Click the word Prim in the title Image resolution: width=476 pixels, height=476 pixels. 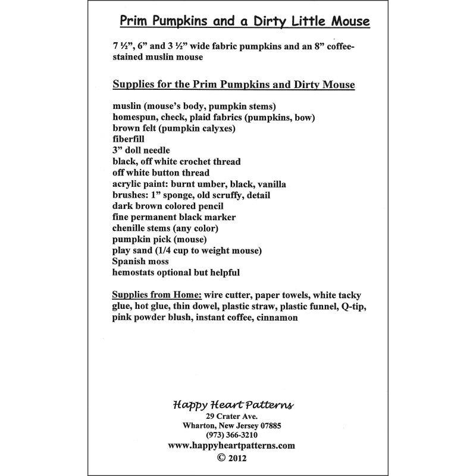[135, 21]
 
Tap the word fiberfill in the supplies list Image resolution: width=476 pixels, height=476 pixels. [128, 139]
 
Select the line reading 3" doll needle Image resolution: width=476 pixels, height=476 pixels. [142, 150]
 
